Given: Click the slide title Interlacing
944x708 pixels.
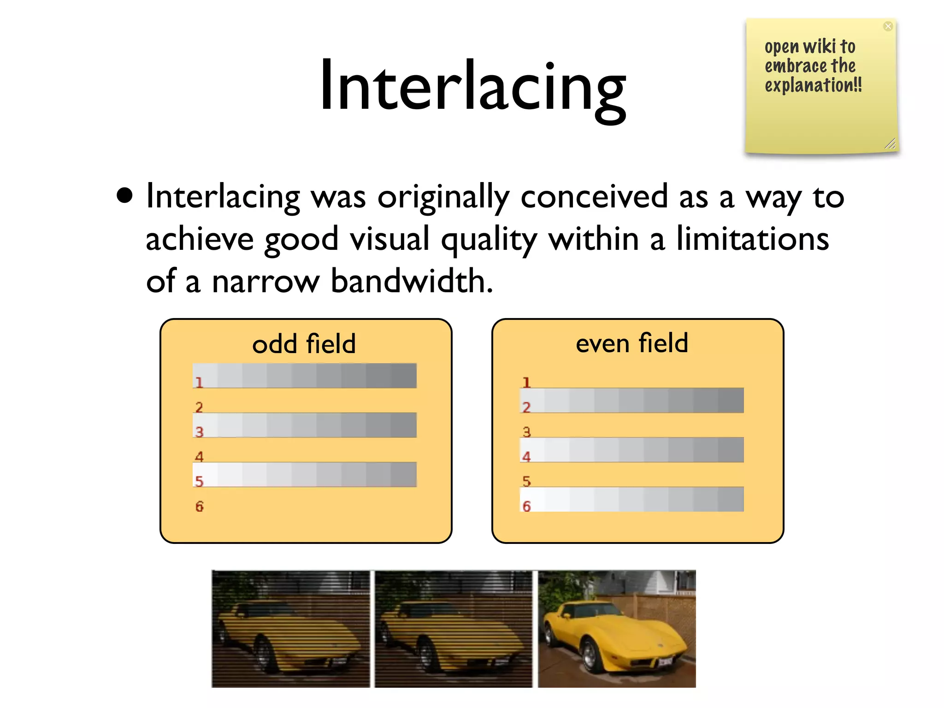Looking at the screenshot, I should tap(472, 88).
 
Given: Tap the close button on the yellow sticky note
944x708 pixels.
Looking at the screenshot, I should tap(888, 26).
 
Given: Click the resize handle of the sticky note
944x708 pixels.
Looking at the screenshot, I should tap(890, 144).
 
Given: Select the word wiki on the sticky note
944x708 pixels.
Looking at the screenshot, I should tap(819, 47).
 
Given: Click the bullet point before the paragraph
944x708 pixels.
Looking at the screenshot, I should tap(124, 195).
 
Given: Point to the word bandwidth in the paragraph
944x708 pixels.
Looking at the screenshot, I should tap(411, 281).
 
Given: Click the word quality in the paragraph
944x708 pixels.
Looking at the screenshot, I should tap(489, 240).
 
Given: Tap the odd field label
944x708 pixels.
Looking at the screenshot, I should tap(304, 344).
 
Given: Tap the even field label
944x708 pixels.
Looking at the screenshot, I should tap(631, 343).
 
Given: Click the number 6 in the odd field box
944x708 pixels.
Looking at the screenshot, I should tap(199, 507).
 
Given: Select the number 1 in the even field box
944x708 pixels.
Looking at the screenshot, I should tap(526, 382).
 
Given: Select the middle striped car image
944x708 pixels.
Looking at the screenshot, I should tap(453, 629).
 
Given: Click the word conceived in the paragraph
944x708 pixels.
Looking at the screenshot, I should tap(594, 197).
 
